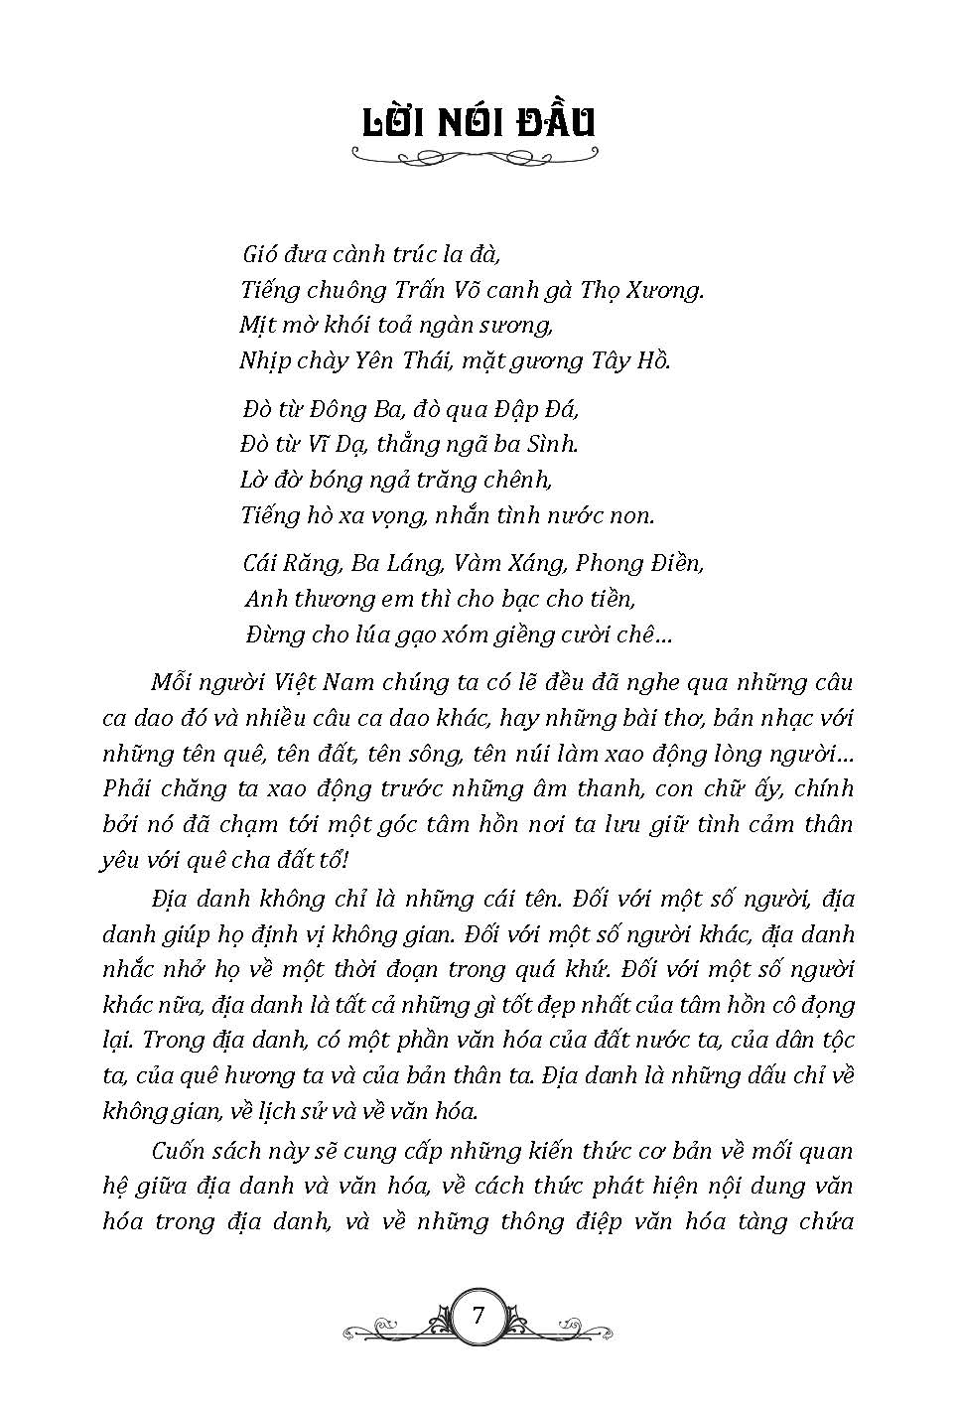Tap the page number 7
[479, 1317]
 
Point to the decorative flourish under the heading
[478, 155]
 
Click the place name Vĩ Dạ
[353, 444]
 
